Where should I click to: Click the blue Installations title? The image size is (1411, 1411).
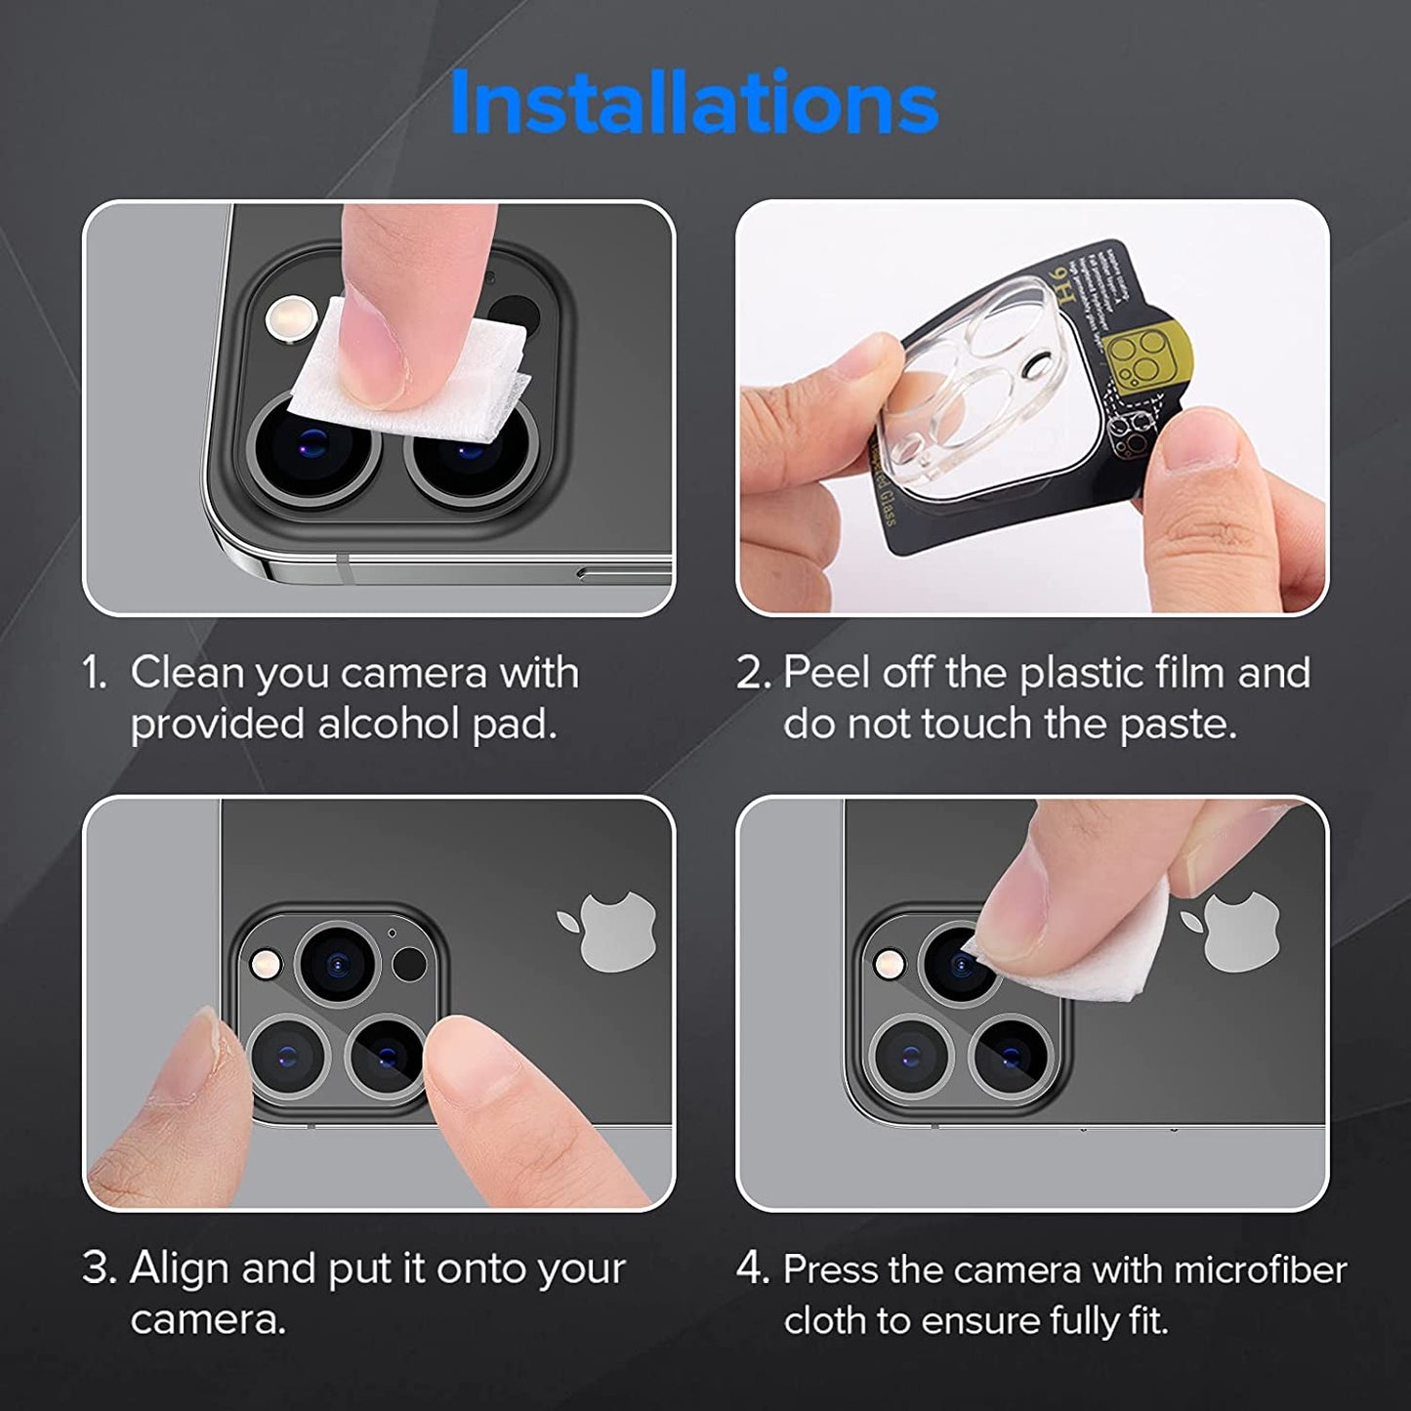(x=694, y=103)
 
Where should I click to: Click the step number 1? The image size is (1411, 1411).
(x=95, y=674)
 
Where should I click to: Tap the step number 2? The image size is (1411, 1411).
(x=754, y=674)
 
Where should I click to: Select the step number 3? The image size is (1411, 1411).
(x=100, y=1268)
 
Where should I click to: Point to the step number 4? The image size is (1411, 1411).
(x=753, y=1268)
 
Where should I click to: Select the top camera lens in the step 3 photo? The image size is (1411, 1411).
(x=337, y=965)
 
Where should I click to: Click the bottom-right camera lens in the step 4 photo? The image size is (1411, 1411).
(x=1012, y=1056)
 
